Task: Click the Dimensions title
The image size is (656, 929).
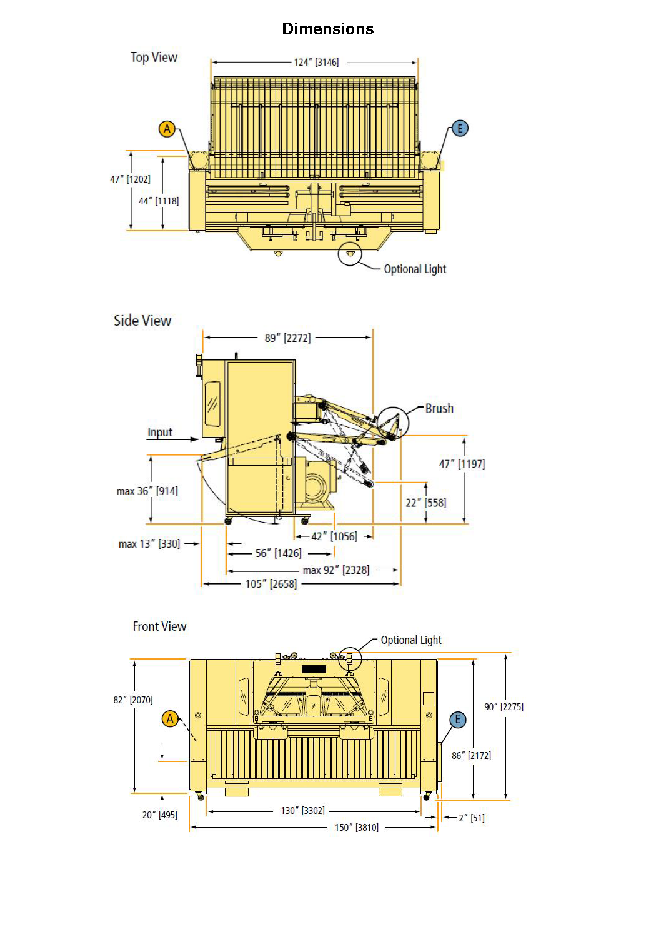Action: [x=327, y=29]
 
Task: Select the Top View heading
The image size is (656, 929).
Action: [x=154, y=58]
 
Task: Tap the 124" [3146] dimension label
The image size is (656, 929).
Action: [x=316, y=63]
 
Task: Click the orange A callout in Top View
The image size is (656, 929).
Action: [x=167, y=129]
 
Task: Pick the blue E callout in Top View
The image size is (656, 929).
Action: [x=460, y=129]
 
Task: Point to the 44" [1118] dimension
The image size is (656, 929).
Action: [x=159, y=201]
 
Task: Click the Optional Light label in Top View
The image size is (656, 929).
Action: [x=415, y=269]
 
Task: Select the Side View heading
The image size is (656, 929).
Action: [x=142, y=321]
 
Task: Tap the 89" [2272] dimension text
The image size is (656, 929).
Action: [x=287, y=338]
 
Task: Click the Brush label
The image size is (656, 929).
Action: [x=439, y=409]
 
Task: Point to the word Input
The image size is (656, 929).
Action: [x=160, y=433]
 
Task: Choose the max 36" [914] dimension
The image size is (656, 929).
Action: [x=147, y=491]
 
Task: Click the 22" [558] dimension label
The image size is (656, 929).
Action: [x=426, y=503]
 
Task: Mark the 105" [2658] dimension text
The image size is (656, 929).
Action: [x=271, y=584]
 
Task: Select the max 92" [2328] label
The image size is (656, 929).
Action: [x=336, y=570]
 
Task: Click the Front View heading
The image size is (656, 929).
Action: [x=159, y=626]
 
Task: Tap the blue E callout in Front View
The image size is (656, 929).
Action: [x=458, y=720]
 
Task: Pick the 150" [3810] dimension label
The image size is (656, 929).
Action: [x=357, y=828]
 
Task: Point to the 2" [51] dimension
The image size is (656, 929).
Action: [x=472, y=818]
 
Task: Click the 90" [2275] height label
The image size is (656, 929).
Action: [x=504, y=707]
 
